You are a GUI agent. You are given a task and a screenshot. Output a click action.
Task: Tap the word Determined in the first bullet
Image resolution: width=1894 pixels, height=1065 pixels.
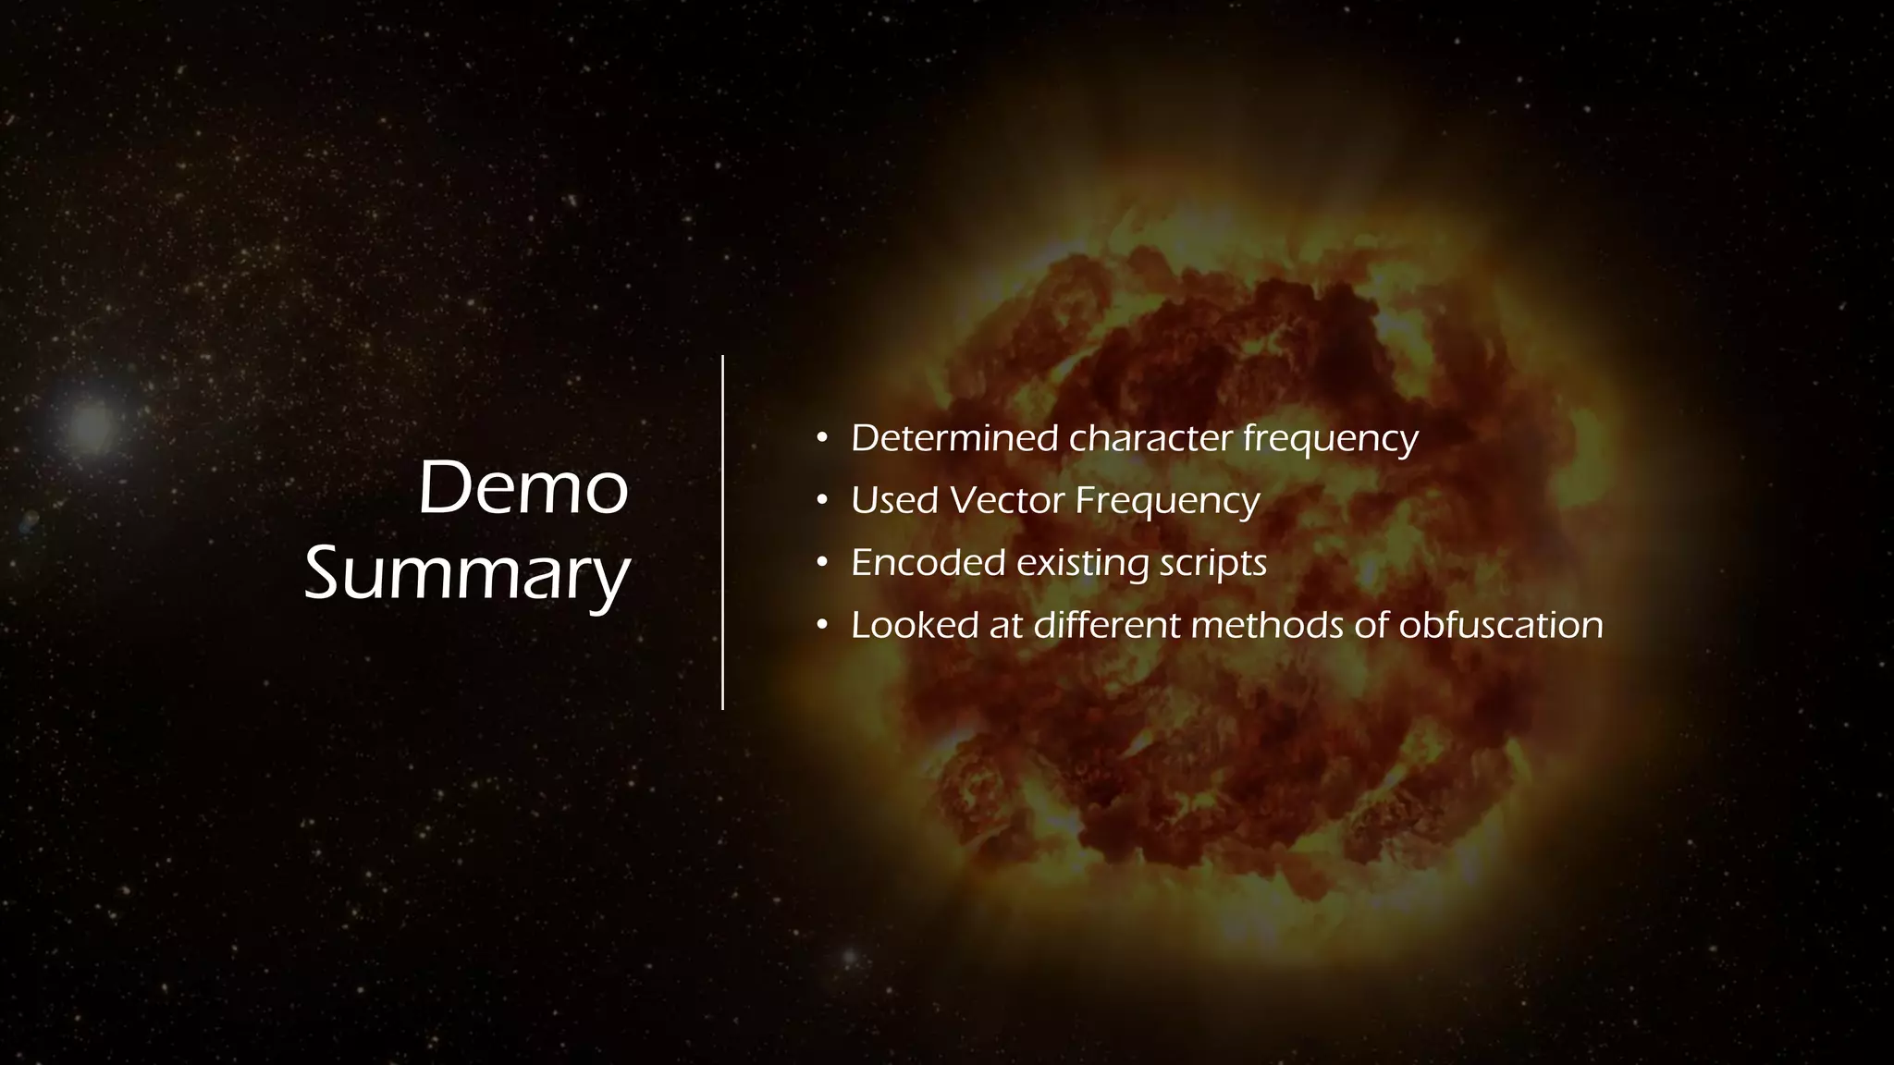954,438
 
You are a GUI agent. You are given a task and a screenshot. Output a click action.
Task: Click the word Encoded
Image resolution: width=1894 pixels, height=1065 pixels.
928,563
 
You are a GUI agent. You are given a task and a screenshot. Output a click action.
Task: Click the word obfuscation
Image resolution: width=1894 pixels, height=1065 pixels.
1500,626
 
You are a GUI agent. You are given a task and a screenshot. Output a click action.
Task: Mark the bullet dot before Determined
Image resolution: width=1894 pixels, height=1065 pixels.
821,438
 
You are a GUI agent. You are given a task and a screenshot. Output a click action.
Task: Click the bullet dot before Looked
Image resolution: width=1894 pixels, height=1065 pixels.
821,626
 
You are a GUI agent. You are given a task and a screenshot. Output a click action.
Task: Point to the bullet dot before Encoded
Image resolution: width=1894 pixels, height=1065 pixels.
821,563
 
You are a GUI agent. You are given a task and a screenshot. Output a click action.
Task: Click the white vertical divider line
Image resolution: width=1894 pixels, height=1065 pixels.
722,532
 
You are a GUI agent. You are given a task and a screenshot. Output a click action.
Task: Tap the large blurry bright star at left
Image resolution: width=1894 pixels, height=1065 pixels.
91,426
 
